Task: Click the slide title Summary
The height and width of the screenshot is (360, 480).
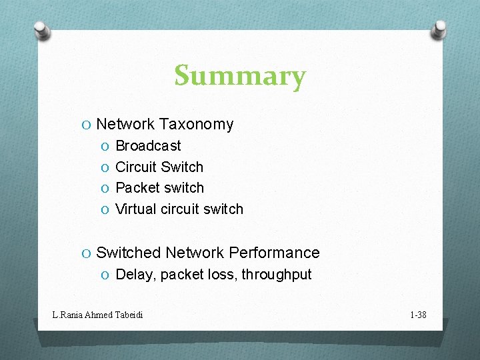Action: pos(240,76)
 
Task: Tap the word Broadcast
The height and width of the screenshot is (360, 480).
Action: pos(148,145)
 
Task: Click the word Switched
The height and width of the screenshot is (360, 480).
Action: pos(129,253)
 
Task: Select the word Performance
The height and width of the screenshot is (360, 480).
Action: pos(274,253)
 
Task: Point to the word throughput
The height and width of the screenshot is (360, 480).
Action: pos(277,275)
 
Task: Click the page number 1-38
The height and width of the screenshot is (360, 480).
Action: pos(417,314)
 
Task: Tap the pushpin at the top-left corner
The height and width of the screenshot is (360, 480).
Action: pos(42,29)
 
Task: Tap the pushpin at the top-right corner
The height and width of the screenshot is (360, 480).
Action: pos(439,29)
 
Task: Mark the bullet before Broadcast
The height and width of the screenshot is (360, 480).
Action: pos(105,146)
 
